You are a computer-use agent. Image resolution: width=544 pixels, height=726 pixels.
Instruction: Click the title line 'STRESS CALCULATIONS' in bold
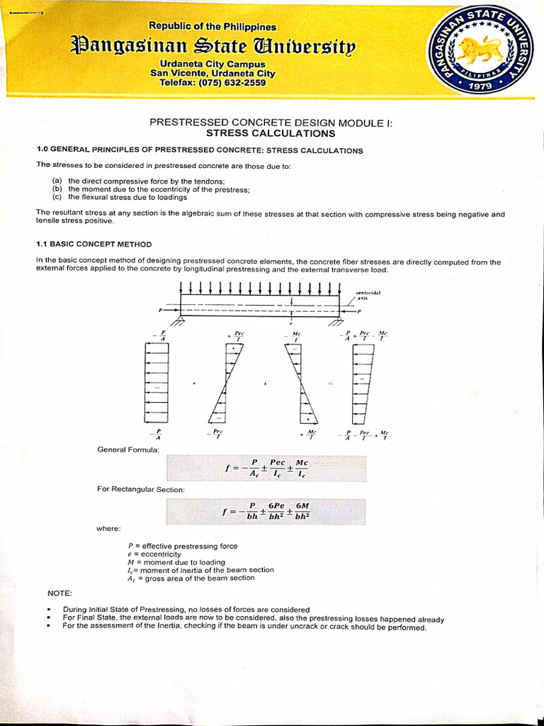tap(271, 133)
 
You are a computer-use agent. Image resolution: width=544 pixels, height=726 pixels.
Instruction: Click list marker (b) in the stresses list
tap(57, 189)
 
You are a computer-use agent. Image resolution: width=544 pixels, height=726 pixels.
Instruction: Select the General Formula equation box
tap(267, 468)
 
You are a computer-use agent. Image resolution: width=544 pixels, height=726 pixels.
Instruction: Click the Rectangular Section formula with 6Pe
tap(267, 511)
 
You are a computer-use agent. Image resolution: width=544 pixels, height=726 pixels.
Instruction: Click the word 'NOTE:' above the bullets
tap(59, 593)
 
